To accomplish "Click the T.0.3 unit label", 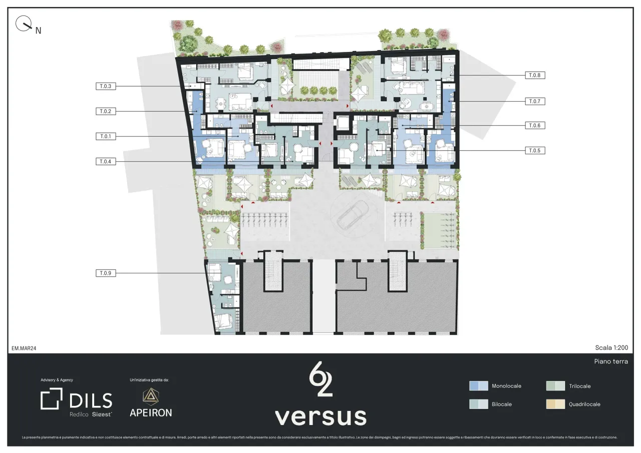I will click(x=106, y=86).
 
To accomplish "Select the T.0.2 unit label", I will click(x=106, y=111).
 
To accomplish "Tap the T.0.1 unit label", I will click(x=106, y=136).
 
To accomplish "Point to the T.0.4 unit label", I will click(x=106, y=161).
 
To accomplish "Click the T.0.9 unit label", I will click(x=106, y=273).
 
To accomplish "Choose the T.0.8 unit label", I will click(x=535, y=75).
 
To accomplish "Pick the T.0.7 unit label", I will click(x=535, y=101).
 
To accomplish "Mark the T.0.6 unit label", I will click(x=535, y=125).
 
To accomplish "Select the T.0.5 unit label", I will click(x=535, y=150).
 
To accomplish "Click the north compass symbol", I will click(x=24, y=24).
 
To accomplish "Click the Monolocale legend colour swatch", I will click(x=478, y=386).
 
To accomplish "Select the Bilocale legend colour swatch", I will click(x=478, y=404).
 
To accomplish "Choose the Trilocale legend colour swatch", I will click(x=555, y=386).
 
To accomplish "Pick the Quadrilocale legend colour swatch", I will click(x=555, y=404).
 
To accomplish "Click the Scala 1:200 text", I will click(x=611, y=348).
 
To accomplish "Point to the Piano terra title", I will click(x=610, y=361).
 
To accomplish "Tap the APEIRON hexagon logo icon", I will click(x=150, y=396).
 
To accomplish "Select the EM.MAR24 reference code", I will click(x=24, y=348).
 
